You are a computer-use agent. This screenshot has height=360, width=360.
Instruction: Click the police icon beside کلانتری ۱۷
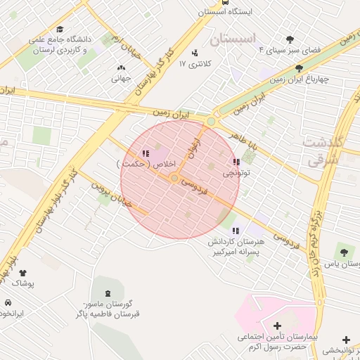tap(195, 52)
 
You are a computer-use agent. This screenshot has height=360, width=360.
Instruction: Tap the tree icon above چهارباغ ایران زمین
tap(300, 68)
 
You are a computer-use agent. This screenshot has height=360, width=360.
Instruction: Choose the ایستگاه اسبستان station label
tap(224, 11)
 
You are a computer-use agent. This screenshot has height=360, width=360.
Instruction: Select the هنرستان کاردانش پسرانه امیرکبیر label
tap(235, 246)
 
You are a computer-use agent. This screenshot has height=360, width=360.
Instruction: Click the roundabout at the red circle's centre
tap(174, 179)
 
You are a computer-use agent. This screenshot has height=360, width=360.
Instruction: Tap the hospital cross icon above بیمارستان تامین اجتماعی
tap(276, 326)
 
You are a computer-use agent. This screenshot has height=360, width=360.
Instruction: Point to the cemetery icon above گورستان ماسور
tap(107, 292)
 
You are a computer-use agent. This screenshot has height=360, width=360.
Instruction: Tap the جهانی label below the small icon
tap(121, 79)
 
